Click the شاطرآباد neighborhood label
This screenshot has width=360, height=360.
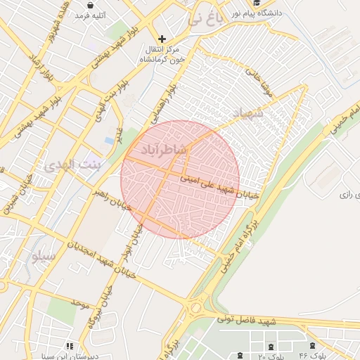[x=164, y=150]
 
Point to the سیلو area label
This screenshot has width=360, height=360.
[x=42, y=257]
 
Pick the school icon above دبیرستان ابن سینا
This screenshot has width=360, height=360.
[x=70, y=345]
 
